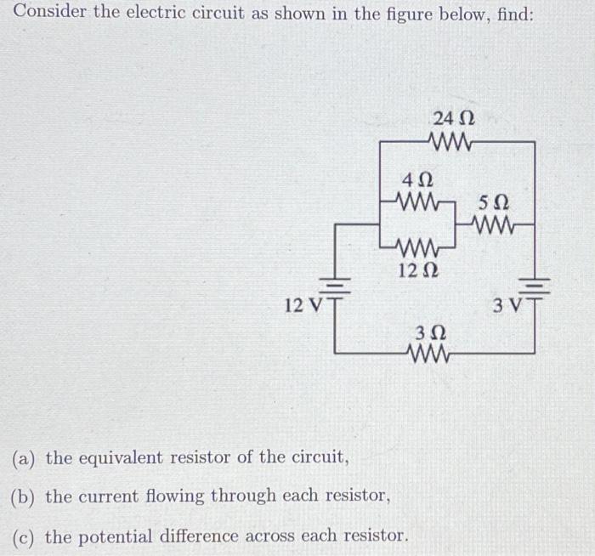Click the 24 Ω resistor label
point(453,118)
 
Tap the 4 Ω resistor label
point(417,181)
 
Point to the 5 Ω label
point(493,204)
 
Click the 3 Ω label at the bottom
point(428,331)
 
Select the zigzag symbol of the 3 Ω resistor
point(428,352)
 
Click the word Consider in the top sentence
point(49,14)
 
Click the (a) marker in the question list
point(25,458)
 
